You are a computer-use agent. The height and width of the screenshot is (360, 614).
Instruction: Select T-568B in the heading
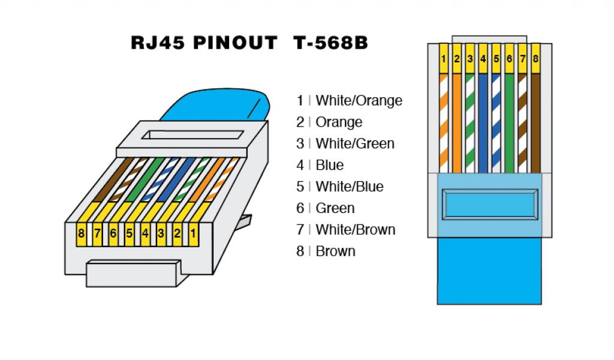(x=330, y=43)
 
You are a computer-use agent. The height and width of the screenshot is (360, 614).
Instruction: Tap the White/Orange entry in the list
(x=359, y=100)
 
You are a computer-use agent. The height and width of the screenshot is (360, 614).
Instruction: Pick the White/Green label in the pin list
(x=355, y=143)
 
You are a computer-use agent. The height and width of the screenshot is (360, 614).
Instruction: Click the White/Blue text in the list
(x=350, y=187)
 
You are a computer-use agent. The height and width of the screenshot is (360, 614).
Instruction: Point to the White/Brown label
(x=356, y=229)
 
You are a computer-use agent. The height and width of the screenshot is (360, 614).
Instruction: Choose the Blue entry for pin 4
(x=329, y=165)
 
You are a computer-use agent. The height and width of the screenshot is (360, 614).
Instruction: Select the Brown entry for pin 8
(x=335, y=251)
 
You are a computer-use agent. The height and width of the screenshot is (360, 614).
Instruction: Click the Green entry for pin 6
(x=335, y=208)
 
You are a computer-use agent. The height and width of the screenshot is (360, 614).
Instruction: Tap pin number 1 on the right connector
(x=444, y=59)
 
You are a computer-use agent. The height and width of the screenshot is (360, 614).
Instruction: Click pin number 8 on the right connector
(x=535, y=59)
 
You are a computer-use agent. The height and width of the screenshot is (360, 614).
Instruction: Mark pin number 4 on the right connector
(x=483, y=59)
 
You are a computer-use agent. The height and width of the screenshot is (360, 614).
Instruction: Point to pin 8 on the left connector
(x=80, y=233)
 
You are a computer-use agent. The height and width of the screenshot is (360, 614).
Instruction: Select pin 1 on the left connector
(x=193, y=233)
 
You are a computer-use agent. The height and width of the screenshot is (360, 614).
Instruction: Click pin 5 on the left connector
(x=129, y=233)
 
